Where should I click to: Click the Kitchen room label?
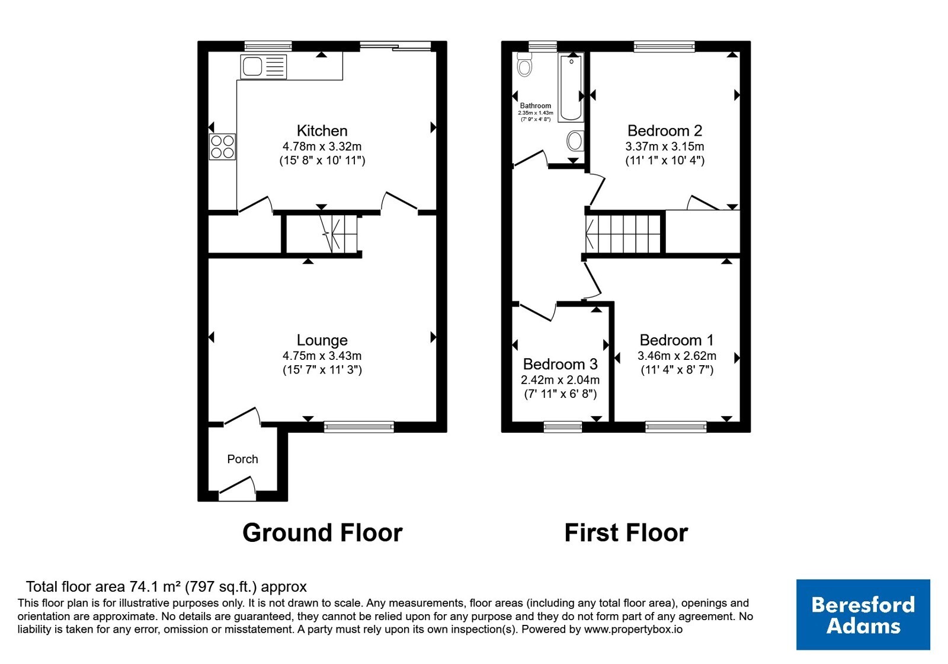coord(322,130)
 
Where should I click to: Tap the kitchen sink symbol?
coord(263,67)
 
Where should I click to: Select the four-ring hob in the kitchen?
coord(222,146)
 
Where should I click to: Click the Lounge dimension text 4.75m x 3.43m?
coord(322,356)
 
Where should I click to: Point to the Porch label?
coord(242,459)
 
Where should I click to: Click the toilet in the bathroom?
coord(524,65)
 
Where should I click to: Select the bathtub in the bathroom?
coord(571,88)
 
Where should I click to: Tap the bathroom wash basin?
coord(575,141)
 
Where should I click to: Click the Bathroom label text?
coord(536,106)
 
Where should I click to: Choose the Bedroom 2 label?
coord(665,130)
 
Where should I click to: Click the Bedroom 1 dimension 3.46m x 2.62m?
coord(677,356)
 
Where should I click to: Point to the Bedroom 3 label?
coord(561,364)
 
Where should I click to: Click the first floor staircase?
coord(623,234)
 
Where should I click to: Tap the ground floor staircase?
coord(338,234)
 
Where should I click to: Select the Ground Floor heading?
coord(322,532)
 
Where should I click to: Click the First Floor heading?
coord(626,532)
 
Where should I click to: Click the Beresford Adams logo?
coord(863,614)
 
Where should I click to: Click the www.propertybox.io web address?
coord(633,629)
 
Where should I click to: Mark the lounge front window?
coord(359,427)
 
